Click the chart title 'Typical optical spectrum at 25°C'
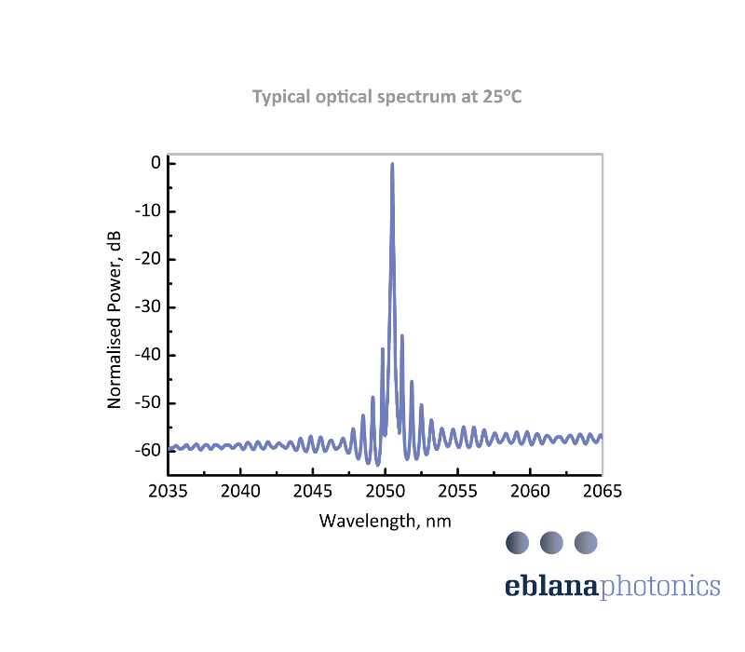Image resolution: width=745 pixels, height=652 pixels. point(387,97)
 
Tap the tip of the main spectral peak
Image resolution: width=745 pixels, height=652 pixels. point(392,164)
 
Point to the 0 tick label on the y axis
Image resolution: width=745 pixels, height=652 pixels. point(156,163)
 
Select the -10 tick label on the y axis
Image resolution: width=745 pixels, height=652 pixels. point(150,211)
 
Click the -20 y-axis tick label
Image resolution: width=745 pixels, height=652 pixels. point(150,259)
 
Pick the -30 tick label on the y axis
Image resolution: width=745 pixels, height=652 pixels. point(150,307)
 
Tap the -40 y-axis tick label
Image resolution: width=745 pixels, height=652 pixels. point(150,355)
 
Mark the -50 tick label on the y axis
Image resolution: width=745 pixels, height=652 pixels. point(150,403)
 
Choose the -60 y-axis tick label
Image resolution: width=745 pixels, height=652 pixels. point(150,451)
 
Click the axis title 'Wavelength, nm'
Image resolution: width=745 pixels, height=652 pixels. point(386,521)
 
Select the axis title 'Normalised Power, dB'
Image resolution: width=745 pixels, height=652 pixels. point(115,319)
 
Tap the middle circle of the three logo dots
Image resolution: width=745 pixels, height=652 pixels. point(551,542)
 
